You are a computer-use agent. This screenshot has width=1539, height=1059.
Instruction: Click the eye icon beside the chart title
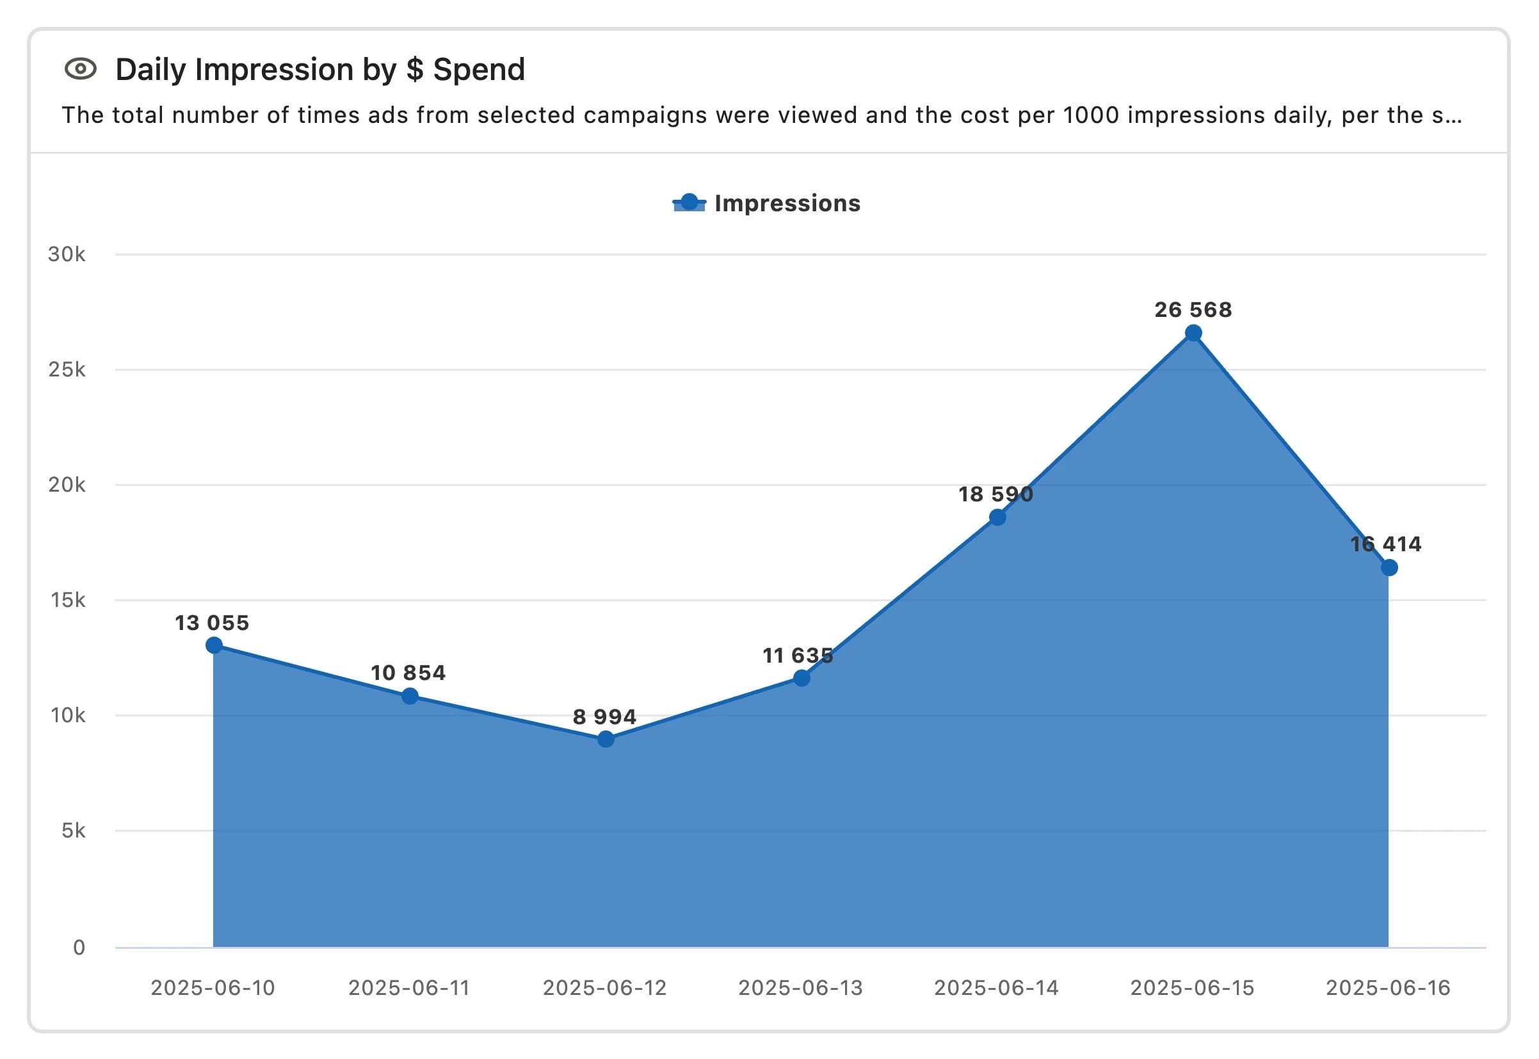[x=80, y=69]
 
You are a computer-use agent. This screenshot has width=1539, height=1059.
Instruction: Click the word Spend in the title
[x=478, y=70]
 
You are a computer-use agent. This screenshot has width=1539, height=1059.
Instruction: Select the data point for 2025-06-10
[x=214, y=645]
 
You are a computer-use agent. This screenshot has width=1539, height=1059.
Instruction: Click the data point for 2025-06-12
[x=605, y=739]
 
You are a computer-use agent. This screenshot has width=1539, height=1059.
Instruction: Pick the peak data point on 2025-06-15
[x=1193, y=333]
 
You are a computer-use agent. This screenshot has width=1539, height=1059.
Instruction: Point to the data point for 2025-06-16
[x=1389, y=567]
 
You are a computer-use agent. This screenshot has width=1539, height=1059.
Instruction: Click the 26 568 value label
[x=1193, y=310]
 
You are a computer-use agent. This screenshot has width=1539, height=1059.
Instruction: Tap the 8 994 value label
[x=604, y=716]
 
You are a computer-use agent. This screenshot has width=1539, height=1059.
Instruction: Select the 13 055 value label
[x=213, y=622]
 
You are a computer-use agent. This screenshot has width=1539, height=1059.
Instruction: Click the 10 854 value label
[x=408, y=673]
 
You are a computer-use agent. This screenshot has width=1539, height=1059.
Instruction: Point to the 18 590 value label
[x=995, y=494]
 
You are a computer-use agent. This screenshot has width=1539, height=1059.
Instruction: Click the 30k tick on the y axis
[x=67, y=254]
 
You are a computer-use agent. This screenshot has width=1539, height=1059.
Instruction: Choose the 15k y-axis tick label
[x=67, y=600]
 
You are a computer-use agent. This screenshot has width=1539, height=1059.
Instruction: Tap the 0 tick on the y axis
[x=79, y=947]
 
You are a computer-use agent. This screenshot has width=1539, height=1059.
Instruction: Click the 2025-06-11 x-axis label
[x=408, y=988]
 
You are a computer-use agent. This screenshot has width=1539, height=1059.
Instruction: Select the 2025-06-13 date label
[x=801, y=988]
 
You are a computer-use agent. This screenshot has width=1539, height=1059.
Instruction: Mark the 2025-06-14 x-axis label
[x=996, y=988]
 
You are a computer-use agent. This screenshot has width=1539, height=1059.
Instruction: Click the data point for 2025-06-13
[x=802, y=677]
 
